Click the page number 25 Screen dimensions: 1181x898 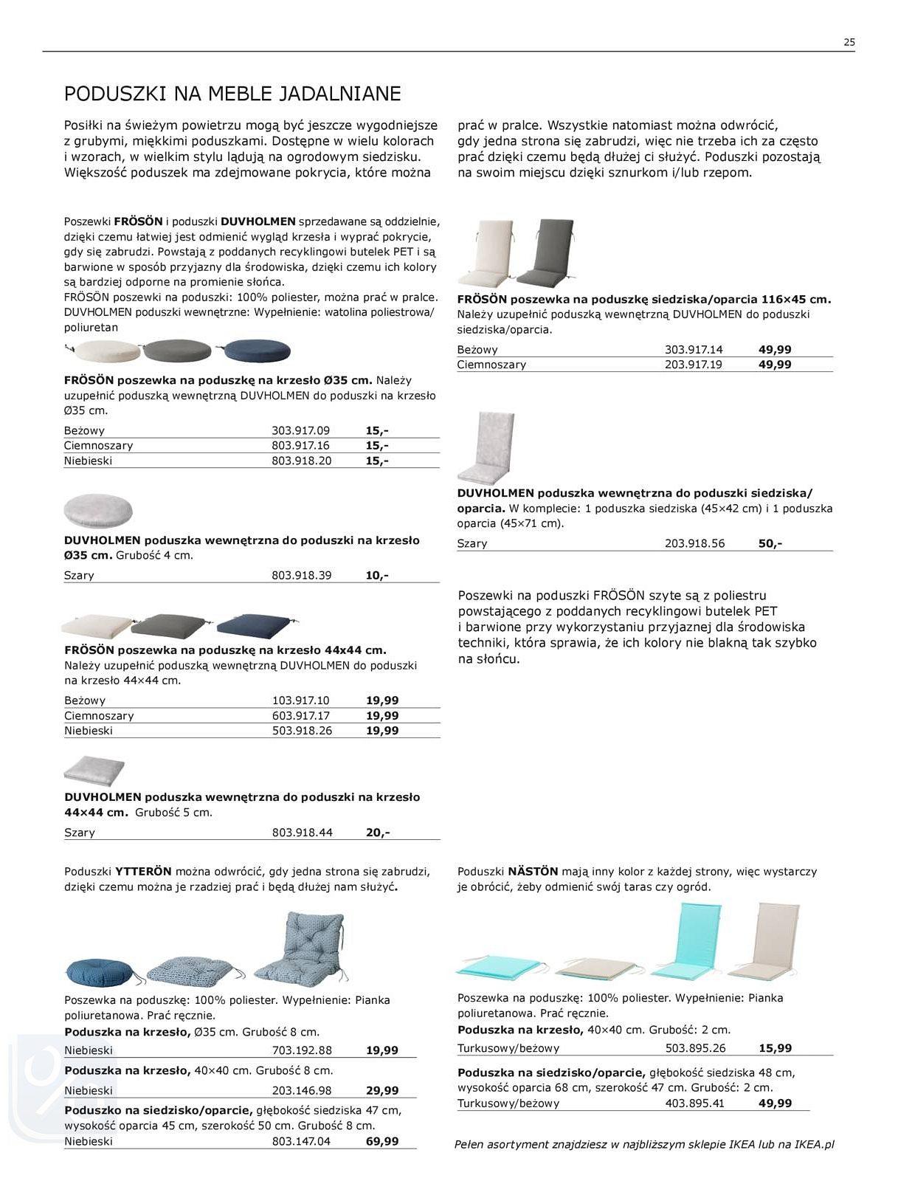tap(849, 42)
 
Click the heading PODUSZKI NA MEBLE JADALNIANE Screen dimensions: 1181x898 tap(232, 94)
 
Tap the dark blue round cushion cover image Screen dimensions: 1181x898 tap(257, 351)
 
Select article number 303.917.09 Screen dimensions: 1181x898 tap(300, 430)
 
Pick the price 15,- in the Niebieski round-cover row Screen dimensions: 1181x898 tap(376, 461)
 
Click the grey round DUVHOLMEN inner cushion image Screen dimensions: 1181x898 tap(98, 511)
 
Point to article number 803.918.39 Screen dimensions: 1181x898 tap(301, 575)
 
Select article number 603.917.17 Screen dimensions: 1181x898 tap(301, 715)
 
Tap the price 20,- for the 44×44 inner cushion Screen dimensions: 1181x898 tap(377, 832)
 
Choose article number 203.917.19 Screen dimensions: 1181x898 tap(694, 365)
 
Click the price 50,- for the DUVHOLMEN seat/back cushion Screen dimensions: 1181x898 tap(770, 543)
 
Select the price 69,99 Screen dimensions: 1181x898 tap(381, 1141)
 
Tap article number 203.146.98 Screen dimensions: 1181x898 tap(301, 1090)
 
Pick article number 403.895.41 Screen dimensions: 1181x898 tap(694, 1103)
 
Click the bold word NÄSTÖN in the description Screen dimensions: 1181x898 tap(533, 872)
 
